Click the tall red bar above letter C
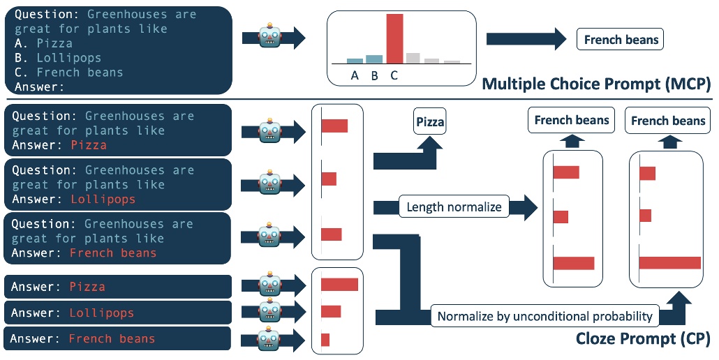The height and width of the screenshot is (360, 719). pos(394,38)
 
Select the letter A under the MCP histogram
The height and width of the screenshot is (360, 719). pos(355,76)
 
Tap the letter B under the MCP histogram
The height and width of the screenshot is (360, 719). pos(374,76)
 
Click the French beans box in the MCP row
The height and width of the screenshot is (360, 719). pos(621,40)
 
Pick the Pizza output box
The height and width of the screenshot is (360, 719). pos(430,122)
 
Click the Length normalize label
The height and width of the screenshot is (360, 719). pos(454,207)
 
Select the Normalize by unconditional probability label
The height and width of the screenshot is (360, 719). pos(544,316)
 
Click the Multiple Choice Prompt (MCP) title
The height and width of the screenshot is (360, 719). pos(596,85)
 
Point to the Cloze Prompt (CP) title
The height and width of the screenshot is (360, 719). pos(642,339)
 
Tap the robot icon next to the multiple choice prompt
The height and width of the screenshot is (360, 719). pos(269,38)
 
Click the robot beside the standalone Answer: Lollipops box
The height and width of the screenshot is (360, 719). pos(269,312)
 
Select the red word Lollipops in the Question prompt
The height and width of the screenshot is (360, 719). pos(103,200)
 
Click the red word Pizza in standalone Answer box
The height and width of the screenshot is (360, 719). pos(87,287)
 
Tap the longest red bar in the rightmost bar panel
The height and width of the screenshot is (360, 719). pos(669,262)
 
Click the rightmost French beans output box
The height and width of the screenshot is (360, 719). pos(668,121)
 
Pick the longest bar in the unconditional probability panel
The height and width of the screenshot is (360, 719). pos(339,284)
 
